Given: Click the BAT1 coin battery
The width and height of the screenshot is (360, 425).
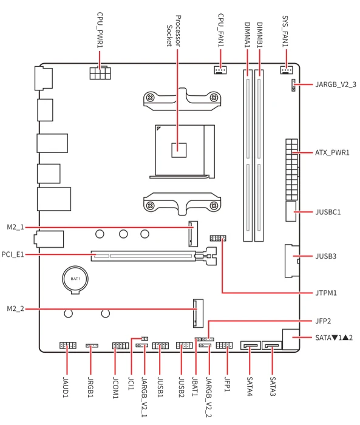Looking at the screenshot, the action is tap(75, 279).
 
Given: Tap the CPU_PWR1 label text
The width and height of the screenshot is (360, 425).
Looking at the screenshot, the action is tap(100, 30).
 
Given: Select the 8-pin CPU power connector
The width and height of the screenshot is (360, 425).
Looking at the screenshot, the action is tap(100, 73).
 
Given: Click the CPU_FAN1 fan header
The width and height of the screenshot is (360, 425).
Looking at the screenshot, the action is tap(220, 70).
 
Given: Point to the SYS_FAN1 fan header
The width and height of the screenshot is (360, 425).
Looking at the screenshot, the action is tap(287, 70).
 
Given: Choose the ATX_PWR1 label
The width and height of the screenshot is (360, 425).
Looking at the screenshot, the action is tap(332, 153).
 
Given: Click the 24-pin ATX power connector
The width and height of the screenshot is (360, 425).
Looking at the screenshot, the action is tap(291, 169).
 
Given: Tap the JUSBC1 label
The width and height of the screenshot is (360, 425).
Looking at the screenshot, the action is tap(328, 212).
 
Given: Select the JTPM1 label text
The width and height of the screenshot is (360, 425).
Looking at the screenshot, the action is tap(326, 293).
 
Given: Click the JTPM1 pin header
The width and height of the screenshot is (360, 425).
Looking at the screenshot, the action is tap(218, 238).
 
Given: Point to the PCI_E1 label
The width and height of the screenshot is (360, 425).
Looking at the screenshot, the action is tap(13, 254).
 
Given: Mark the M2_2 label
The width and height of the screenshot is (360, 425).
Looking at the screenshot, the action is tap(15, 308).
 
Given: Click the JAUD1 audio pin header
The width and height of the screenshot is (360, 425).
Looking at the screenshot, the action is tap(68, 345).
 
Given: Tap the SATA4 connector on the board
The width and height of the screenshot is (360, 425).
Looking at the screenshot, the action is tap(251, 345).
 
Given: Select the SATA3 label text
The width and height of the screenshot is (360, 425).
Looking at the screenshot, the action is tap(273, 387).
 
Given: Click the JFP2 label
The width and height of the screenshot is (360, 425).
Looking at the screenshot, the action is tap(323, 321).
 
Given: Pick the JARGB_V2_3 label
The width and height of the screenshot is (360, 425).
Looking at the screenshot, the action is tap(336, 84).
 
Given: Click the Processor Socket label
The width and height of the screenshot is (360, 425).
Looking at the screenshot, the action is tap(174, 31).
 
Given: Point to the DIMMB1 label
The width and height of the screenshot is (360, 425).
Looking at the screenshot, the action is tap(259, 35).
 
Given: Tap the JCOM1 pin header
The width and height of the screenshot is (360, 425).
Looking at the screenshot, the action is tap(121, 345).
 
